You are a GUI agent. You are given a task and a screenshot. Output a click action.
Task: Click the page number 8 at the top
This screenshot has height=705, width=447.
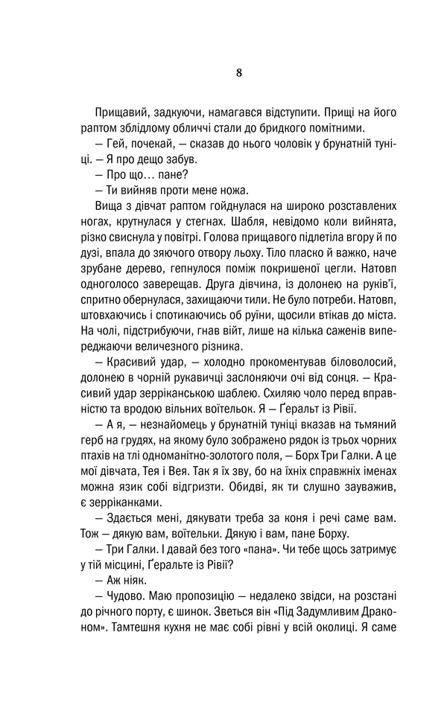click(238, 72)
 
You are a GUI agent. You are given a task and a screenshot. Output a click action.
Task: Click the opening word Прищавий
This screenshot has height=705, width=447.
click(121, 112)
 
